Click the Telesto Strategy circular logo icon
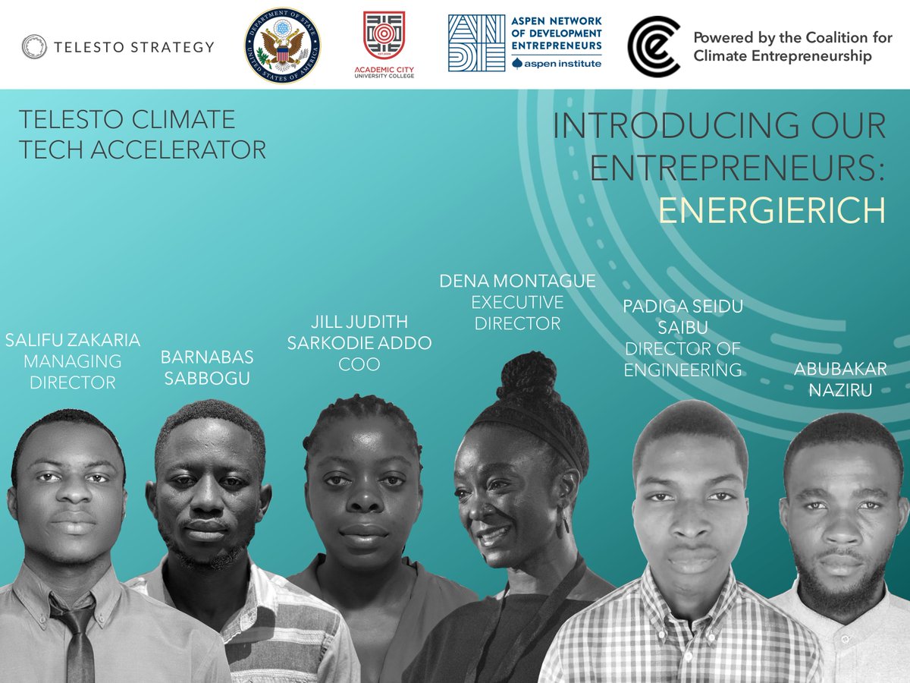pos(35,46)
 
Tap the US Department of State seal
pos(282,46)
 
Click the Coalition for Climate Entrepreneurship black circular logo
pos(653,46)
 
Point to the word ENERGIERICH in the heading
pos(771,210)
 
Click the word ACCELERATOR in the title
pos(179,150)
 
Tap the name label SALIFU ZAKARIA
pos(73,340)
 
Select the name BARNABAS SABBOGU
pos(206,367)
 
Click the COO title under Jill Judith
pos(359,364)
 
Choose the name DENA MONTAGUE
pos(517,282)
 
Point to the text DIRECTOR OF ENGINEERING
pos(682,359)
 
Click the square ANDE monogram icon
pos(476,42)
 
